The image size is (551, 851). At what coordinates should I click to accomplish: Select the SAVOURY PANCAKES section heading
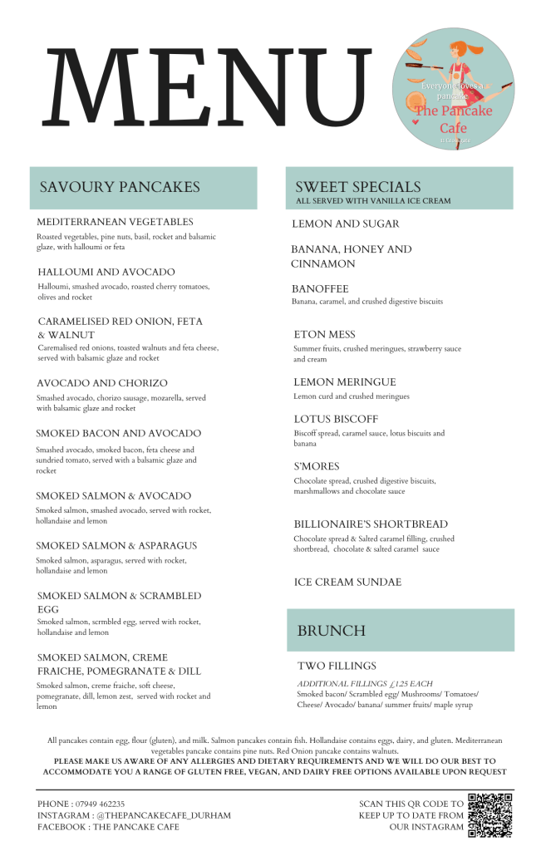click(120, 187)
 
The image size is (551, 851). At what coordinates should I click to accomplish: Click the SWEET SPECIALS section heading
click(357, 187)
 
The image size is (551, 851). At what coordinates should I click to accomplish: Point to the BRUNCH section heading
click(331, 631)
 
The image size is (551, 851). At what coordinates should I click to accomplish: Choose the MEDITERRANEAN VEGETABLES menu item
click(116, 222)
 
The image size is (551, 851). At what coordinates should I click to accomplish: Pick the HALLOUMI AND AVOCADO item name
click(106, 272)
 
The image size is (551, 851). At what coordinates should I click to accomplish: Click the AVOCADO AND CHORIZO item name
click(102, 383)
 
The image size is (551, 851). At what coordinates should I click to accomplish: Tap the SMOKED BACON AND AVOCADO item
click(119, 433)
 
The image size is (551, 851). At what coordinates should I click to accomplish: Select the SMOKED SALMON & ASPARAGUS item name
click(116, 545)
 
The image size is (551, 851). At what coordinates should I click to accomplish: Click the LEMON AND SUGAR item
click(346, 224)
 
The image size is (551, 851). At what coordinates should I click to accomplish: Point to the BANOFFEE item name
click(320, 288)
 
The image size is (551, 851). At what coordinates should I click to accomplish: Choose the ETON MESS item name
click(324, 334)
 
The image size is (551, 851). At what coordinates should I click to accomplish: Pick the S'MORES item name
click(317, 466)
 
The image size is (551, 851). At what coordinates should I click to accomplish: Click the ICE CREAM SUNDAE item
click(347, 582)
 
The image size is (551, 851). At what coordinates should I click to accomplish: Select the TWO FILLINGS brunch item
click(337, 666)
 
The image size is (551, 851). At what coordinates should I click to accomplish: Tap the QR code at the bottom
click(490, 815)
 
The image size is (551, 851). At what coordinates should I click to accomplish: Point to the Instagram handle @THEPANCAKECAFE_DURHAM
click(160, 815)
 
